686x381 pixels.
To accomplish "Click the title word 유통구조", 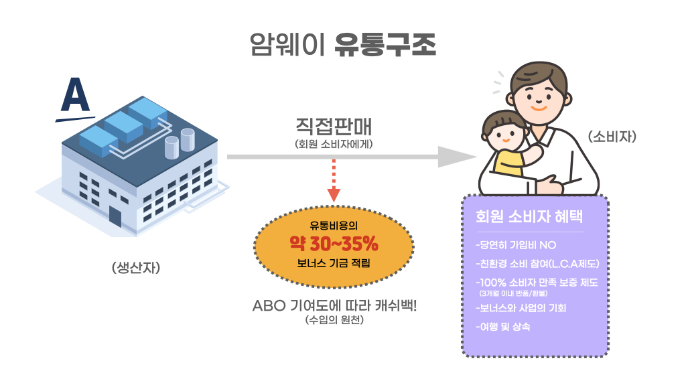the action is tap(385, 45).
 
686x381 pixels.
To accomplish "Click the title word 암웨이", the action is tap(287, 45).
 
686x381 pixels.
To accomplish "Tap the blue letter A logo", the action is tap(74, 97).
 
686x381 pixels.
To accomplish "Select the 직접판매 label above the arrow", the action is tap(333, 127).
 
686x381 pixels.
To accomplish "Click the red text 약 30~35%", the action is tap(334, 242).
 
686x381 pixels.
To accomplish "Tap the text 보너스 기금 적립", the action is tap(334, 262).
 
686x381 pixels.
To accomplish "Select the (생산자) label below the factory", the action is tap(137, 268).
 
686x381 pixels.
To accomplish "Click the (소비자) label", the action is tap(612, 137).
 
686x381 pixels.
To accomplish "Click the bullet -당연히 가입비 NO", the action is tap(515, 244).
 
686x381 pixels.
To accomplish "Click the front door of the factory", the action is tap(115, 216).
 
